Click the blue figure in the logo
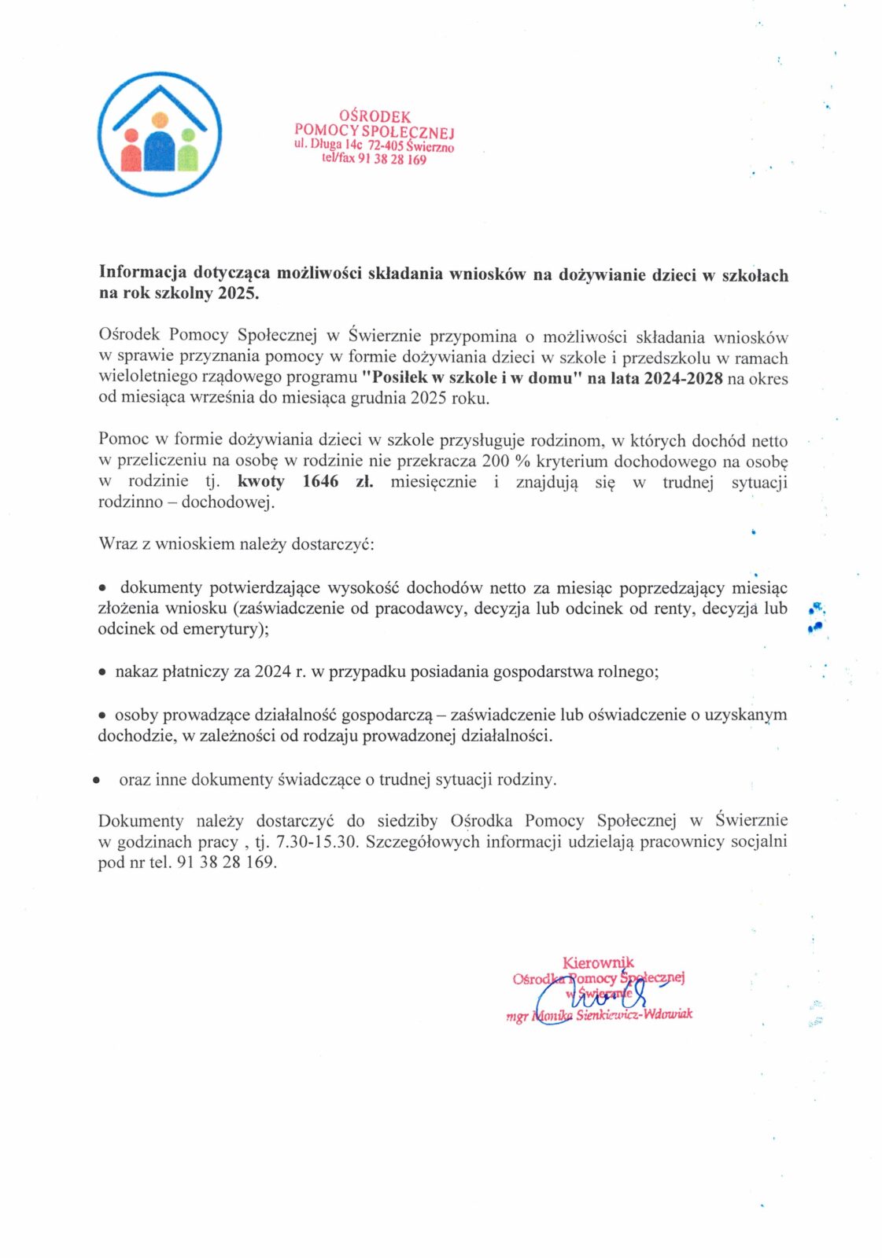(160, 150)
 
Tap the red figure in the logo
(131, 154)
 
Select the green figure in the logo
(187, 154)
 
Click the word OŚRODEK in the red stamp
(375, 117)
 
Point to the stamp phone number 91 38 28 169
(392, 160)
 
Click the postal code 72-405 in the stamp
(386, 145)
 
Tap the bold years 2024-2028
(683, 378)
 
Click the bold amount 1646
(320, 481)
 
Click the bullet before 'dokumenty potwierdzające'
(102, 588)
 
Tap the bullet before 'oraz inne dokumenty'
(96, 781)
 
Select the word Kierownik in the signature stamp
(598, 962)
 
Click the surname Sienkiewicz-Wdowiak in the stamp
(634, 1014)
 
